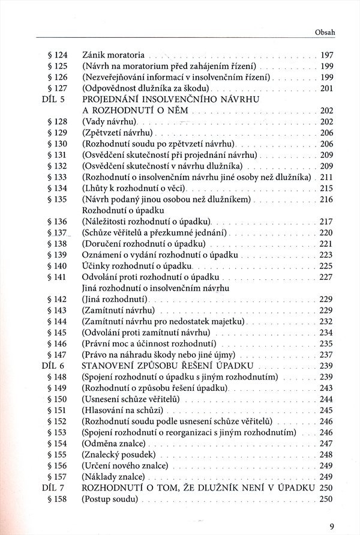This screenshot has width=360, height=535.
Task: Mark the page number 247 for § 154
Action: [x=326, y=443]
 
